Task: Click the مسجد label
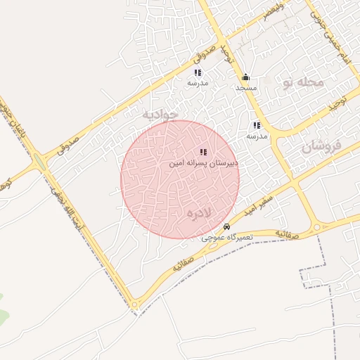coord(246,88)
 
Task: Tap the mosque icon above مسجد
coord(245,78)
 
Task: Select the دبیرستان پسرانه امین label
coord(204,162)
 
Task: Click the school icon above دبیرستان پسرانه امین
coord(203,152)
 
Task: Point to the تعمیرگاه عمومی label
coord(225,238)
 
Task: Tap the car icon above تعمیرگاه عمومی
coord(226,227)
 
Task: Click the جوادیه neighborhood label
coord(160,113)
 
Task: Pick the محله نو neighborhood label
coord(303,83)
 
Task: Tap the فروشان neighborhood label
coord(321,146)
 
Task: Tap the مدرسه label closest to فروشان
coord(257,136)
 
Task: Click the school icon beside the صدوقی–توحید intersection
coord(198,72)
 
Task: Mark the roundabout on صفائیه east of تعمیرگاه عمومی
coord(318,226)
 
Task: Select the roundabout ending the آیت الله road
coord(134,304)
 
